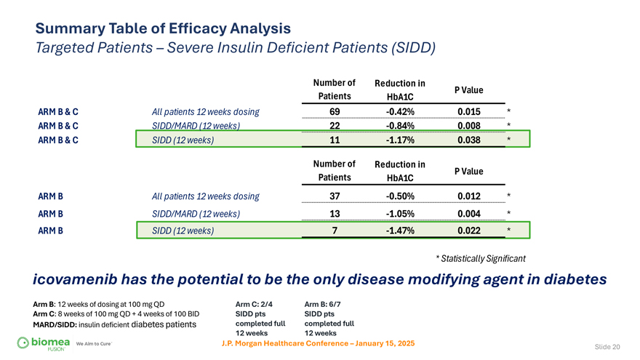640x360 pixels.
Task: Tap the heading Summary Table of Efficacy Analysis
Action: tap(164, 29)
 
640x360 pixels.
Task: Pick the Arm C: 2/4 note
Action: tap(254, 304)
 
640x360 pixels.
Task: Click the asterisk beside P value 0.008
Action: tap(509, 126)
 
